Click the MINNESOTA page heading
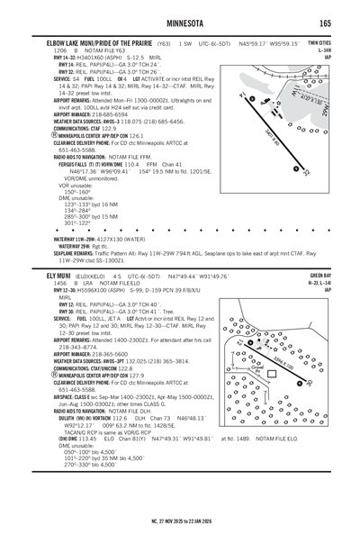click(179, 22)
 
